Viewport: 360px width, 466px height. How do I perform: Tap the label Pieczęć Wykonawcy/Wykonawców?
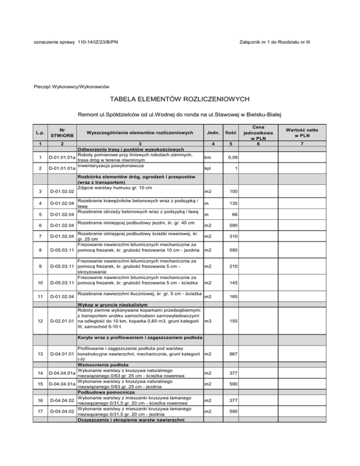pos(72,86)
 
